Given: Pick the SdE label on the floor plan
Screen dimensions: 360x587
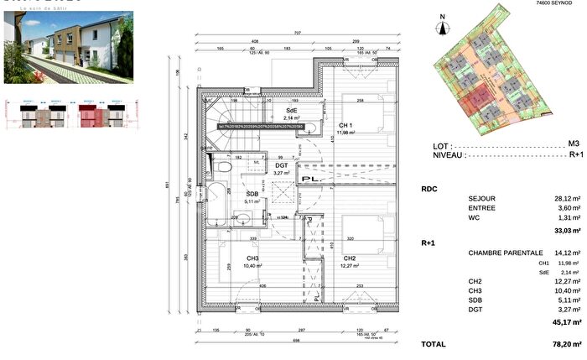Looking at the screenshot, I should click(x=291, y=111).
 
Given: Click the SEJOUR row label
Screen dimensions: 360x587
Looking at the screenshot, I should click(x=481, y=198).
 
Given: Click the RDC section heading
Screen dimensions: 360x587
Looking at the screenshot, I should click(x=429, y=189).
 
